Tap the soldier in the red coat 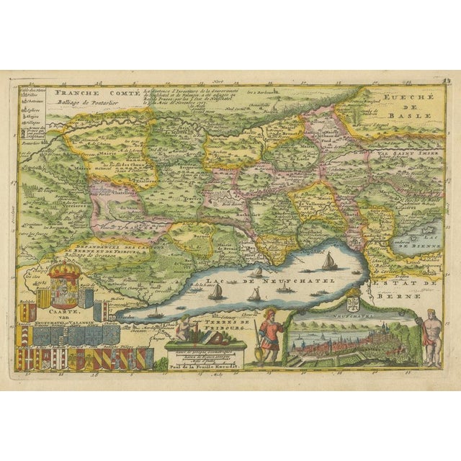(x=270, y=331)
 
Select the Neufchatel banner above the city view (x=353, y=315)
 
